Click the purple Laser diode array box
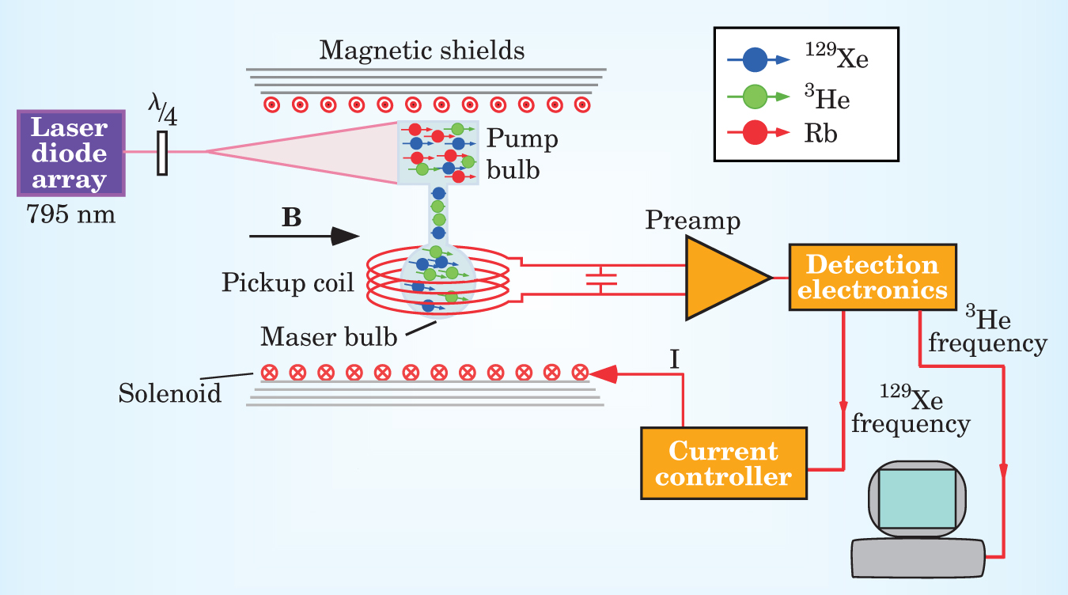pyautogui.click(x=70, y=153)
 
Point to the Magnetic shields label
pyautogui.click(x=421, y=51)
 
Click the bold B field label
pyautogui.click(x=292, y=218)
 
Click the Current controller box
pyautogui.click(x=723, y=464)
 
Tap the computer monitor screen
pyautogui.click(x=917, y=498)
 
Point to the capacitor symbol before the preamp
pyautogui.click(x=601, y=279)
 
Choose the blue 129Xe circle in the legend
pyautogui.click(x=756, y=59)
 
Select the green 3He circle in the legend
pyautogui.click(x=756, y=97)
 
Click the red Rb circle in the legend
pyautogui.click(x=756, y=134)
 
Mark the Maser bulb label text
pyautogui.click(x=328, y=338)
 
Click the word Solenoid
pyautogui.click(x=170, y=392)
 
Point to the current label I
pyautogui.click(x=675, y=361)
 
